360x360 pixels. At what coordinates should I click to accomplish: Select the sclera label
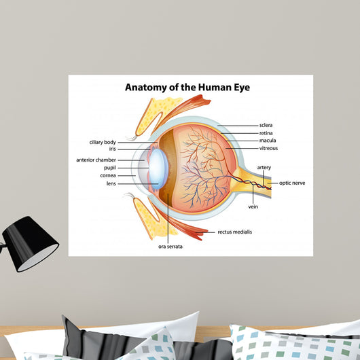266,125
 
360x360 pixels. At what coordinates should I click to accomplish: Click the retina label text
266,133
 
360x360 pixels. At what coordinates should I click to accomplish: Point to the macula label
268,141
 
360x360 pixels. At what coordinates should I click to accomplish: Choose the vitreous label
268,148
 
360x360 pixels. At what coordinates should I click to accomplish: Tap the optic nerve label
292,183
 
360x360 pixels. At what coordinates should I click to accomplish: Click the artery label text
264,168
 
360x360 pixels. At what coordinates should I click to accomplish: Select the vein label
253,206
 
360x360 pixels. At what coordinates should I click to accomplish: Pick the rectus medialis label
234,232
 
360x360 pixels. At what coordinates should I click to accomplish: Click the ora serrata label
170,247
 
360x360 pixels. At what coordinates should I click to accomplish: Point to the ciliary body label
103,143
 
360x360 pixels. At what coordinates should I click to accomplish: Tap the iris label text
113,149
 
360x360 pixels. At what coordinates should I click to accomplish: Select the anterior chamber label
96,160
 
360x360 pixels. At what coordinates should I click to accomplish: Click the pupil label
110,168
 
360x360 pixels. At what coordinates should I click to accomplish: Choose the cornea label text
108,176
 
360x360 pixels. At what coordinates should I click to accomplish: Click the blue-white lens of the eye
158,169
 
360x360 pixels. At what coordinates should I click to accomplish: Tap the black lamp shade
30,244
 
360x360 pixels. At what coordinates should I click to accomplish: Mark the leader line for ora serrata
168,218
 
